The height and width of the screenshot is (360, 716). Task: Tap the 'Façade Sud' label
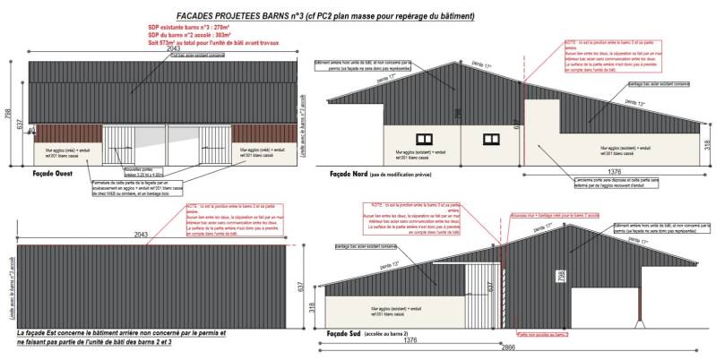click(349, 333)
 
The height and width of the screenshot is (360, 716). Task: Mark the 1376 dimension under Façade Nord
click(613, 169)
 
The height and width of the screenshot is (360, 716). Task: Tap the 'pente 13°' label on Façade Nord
click(632, 104)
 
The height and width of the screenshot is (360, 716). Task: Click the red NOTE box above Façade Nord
click(608, 56)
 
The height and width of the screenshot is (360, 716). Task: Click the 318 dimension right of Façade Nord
click(708, 144)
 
